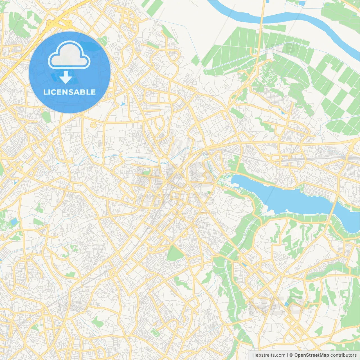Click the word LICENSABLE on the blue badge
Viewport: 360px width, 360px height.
tap(69, 92)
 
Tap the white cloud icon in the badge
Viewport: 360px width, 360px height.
tap(69, 55)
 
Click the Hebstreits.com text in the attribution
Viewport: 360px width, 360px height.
tap(269, 355)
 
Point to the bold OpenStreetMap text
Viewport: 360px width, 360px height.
tap(312, 355)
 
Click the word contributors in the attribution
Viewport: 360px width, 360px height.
tap(343, 355)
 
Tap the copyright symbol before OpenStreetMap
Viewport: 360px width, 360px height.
tap(291, 355)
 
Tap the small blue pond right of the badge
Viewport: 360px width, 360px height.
tap(122, 104)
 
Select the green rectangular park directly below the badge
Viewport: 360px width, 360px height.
tap(46, 117)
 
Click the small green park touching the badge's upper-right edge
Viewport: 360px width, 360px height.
tap(103, 41)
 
